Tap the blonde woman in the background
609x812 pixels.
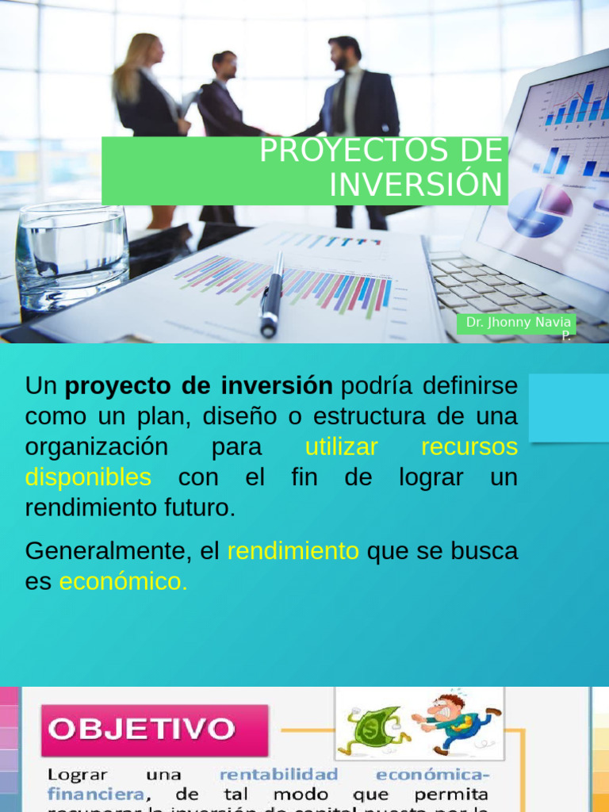point(147,87)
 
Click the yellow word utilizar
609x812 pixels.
point(341,447)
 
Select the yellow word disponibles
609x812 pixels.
point(88,477)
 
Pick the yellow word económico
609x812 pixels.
point(123,582)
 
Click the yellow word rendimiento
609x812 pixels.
point(293,551)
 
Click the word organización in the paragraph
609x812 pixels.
point(96,447)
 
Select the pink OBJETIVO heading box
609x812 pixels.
point(155,730)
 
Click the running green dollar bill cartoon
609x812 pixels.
point(373,730)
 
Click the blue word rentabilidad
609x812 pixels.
point(278,775)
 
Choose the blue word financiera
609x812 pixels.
point(96,794)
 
